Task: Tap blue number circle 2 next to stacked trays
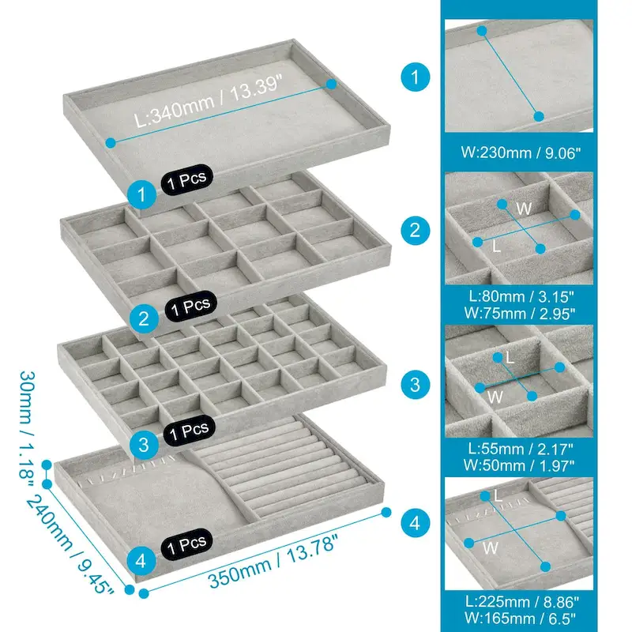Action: (142, 318)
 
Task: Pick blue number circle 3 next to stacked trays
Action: (142, 444)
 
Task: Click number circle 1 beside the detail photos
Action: (415, 77)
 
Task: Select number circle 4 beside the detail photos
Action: (415, 522)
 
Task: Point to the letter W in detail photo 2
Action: (523, 207)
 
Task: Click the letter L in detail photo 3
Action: (510, 358)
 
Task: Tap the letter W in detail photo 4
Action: (490, 547)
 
